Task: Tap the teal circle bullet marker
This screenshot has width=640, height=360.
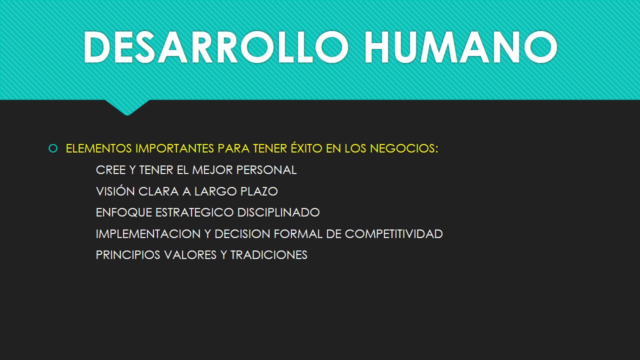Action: [53, 148]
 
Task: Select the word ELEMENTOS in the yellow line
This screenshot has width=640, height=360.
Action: [99, 148]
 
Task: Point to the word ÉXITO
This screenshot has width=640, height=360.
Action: [306, 147]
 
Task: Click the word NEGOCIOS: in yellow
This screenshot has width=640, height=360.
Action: [404, 148]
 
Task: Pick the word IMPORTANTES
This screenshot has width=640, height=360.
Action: [174, 148]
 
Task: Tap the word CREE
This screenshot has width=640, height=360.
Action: [110, 170]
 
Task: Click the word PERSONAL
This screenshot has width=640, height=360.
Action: [266, 170]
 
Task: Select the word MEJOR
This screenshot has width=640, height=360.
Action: [212, 170]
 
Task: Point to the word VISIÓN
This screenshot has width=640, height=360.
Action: [115, 191]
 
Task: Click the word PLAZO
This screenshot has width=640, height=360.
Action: [259, 191]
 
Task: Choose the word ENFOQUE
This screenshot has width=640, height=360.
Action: [124, 212]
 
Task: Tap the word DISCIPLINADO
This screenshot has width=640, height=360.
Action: [278, 212]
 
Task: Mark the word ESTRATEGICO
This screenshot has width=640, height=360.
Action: [194, 212]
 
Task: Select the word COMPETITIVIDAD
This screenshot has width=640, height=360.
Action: [394, 233]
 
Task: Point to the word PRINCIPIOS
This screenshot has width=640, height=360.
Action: [128, 255]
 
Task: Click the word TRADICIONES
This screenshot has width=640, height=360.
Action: [269, 255]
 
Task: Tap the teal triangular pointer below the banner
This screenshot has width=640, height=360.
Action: [127, 107]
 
